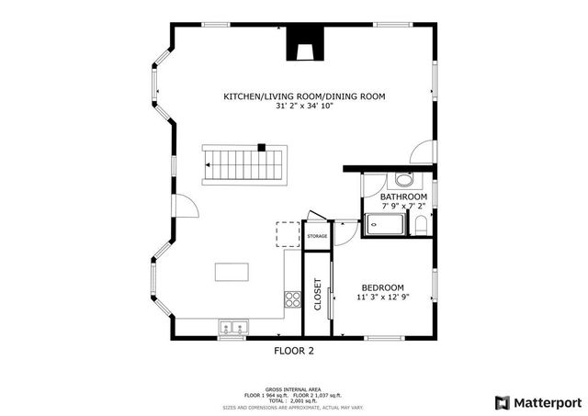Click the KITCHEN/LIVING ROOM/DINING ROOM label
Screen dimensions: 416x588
(304, 96)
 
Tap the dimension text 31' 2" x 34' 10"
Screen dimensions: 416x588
(304, 107)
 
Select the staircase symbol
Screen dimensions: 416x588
(244, 165)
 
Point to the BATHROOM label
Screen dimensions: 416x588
(403, 197)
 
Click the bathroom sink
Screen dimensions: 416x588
(403, 179)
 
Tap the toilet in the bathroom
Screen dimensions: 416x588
(421, 225)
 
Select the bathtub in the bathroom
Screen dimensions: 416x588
(384, 225)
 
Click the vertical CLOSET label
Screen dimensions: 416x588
(318, 294)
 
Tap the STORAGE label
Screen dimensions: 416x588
(316, 236)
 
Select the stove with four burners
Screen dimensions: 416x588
(293, 298)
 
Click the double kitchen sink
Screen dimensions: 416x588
(234, 326)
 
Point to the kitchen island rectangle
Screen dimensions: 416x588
(232, 272)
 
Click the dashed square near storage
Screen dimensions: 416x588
(288, 234)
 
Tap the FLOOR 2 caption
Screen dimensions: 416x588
(294, 351)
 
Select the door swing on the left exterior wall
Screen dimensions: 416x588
(186, 208)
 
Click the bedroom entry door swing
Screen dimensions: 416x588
(345, 233)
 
